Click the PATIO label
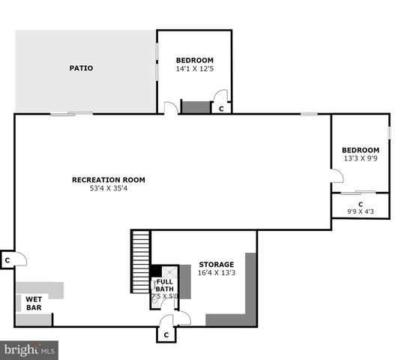tap(81, 68)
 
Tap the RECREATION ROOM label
tap(108, 180)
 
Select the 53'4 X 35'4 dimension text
tap(108, 188)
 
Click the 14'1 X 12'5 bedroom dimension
tap(194, 69)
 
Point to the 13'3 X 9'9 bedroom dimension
tap(361, 158)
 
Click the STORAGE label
tap(216, 265)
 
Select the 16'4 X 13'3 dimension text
tap(216, 273)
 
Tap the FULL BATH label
tap(165, 285)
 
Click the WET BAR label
tap(34, 303)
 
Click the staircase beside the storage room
tap(141, 262)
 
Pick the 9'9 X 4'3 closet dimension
tap(361, 211)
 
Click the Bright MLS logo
tap(30, 349)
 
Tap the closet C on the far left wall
tap(7, 260)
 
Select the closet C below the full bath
tap(166, 334)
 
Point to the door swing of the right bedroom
tap(337, 176)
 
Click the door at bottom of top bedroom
tap(171, 109)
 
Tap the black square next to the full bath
tap(155, 271)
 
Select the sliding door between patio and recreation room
tap(72, 114)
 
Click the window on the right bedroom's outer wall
tap(390, 133)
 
